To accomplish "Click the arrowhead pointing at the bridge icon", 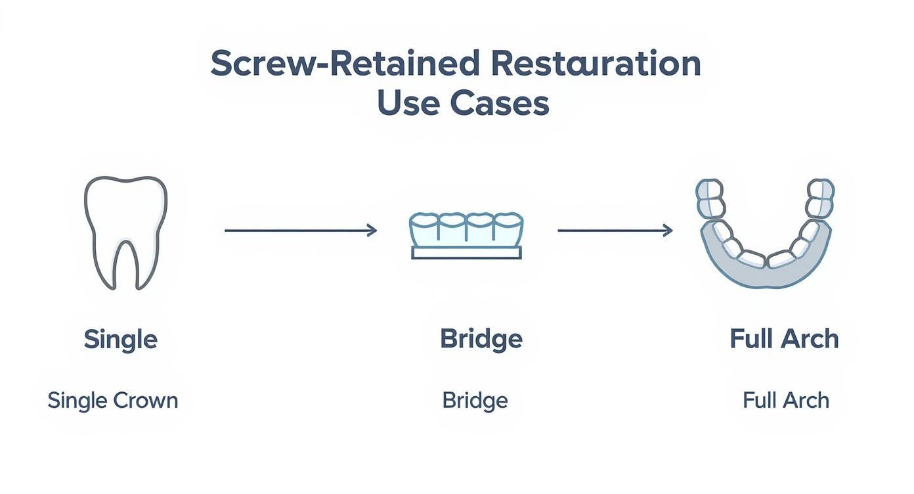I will click(372, 230).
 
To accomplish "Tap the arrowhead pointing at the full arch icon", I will click(668, 230).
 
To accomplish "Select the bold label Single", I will click(121, 340).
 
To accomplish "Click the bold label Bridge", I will click(481, 339).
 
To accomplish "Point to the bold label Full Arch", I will click(784, 339).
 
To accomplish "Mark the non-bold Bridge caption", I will click(475, 400).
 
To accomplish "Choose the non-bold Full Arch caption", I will click(785, 400).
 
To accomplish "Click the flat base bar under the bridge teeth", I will click(466, 253).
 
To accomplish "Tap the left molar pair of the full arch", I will click(710, 198).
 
